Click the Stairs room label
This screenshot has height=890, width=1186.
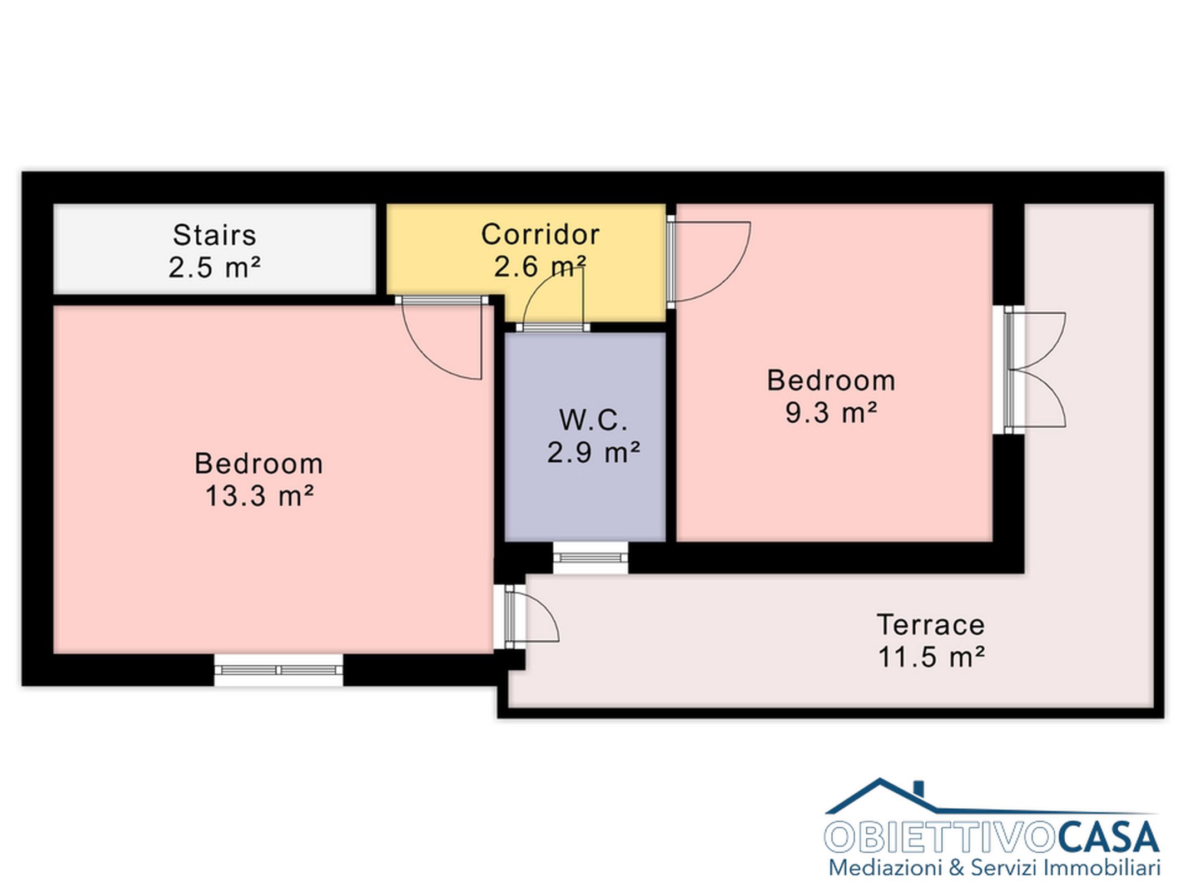214,235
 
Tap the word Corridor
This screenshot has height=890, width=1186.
540,234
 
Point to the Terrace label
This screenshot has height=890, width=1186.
931,625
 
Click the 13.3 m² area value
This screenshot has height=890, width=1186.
260,496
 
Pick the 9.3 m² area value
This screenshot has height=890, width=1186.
831,413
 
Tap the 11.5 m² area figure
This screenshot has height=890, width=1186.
931,657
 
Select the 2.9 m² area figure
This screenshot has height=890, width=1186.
594,452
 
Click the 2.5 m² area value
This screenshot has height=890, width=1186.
215,268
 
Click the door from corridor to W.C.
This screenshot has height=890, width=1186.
553,300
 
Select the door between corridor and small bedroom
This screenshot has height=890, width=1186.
709,262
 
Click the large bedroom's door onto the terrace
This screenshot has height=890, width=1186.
531,616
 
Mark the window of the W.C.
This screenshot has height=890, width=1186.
590,557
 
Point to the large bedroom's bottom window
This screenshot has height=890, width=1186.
279,670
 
